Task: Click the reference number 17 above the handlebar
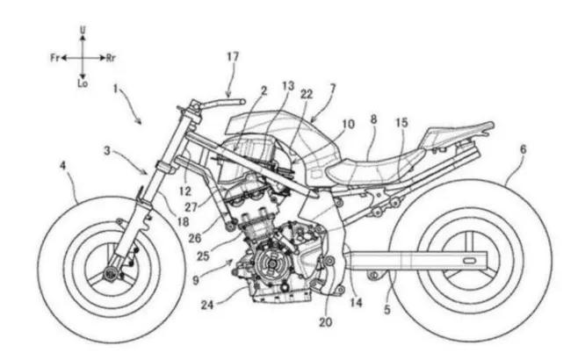233,57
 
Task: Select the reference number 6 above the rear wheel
524,149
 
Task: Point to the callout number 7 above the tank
331,90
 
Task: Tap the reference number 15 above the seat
401,125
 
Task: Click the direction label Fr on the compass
54,57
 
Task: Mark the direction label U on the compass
83,29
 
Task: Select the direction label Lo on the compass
83,86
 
